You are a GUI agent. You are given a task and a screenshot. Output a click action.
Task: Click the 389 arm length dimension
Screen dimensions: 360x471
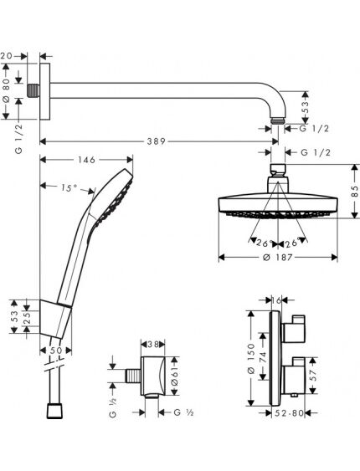[x=156, y=141]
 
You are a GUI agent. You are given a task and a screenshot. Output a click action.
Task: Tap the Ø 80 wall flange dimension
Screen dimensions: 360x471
[x=7, y=90]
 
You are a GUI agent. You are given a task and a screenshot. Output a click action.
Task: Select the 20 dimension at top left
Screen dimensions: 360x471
[x=6, y=56]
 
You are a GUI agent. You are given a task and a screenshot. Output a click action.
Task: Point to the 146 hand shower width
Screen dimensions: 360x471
[x=86, y=160]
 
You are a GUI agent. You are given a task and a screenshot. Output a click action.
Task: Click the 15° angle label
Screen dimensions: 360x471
[x=69, y=188]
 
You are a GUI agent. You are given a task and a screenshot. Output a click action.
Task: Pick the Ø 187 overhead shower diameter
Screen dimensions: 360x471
[x=277, y=258]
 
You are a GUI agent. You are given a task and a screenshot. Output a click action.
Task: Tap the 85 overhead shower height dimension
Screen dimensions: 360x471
[x=355, y=191]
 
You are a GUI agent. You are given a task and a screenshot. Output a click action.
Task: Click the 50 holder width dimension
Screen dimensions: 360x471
[x=55, y=351]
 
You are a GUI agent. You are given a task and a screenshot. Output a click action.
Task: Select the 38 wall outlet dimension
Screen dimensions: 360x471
[x=153, y=344]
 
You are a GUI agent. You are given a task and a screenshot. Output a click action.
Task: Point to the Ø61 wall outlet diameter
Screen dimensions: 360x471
[x=175, y=376]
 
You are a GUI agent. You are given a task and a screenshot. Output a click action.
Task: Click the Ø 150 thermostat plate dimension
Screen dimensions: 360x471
[x=251, y=359]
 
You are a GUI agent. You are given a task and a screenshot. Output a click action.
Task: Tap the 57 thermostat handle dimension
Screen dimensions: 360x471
[x=313, y=376]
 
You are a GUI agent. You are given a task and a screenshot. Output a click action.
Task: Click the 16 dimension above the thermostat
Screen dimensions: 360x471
[x=276, y=299]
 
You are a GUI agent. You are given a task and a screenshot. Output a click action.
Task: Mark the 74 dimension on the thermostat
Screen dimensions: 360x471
[x=263, y=356]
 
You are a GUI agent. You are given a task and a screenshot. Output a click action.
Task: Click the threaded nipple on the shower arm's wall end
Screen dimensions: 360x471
[x=33, y=90]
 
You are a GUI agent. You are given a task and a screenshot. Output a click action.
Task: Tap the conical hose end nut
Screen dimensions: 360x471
[x=55, y=411]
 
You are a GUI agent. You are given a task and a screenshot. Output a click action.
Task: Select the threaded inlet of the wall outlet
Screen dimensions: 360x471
[x=133, y=376]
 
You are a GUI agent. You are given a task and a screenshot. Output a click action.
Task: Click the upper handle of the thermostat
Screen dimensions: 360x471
[x=294, y=330]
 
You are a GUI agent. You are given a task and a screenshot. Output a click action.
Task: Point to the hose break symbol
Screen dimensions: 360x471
[x=54, y=365]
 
